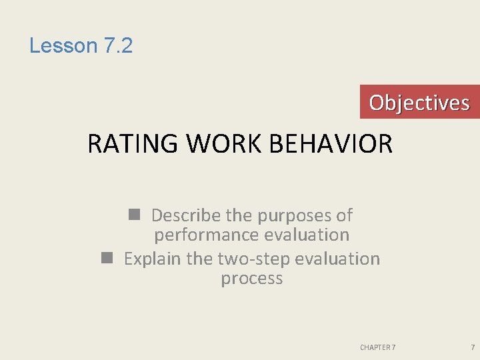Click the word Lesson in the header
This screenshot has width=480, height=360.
pos(63,46)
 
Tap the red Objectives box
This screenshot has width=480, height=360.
pos(419,102)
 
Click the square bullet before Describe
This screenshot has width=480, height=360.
pos(134,215)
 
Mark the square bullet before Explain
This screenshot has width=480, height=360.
pos(107,258)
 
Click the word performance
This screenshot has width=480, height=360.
pos(207,235)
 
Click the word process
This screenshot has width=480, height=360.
pos(252,279)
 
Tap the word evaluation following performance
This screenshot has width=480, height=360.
pos(307,235)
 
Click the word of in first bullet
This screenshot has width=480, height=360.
pos(344,215)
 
